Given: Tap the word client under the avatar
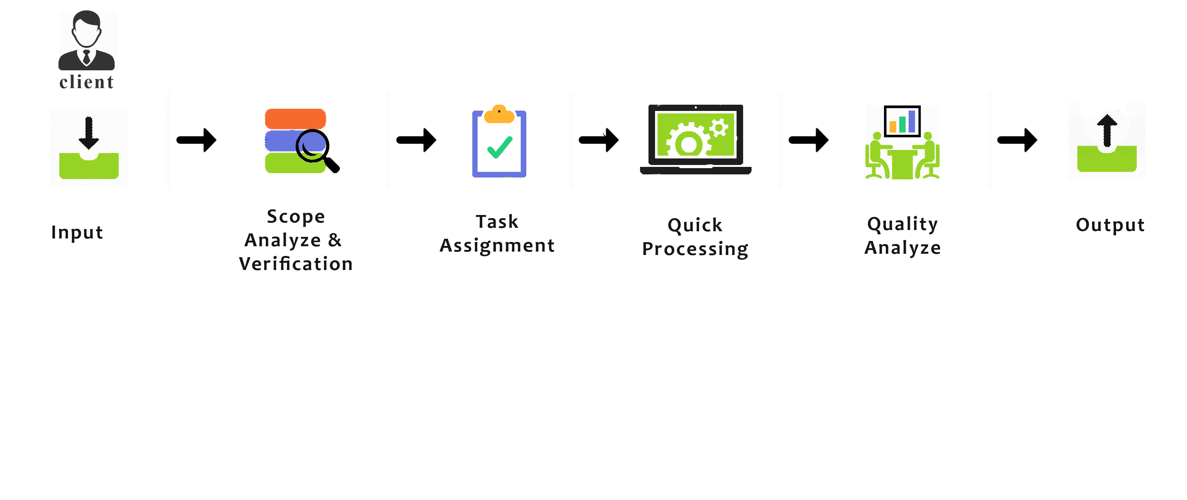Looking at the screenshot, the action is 87,82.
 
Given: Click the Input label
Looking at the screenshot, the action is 77,232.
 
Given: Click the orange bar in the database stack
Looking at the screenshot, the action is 295,118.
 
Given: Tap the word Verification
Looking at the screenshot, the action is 296,264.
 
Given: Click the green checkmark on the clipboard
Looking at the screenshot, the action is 499,147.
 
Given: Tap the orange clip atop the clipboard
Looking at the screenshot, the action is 499,114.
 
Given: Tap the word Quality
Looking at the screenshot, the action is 902,224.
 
